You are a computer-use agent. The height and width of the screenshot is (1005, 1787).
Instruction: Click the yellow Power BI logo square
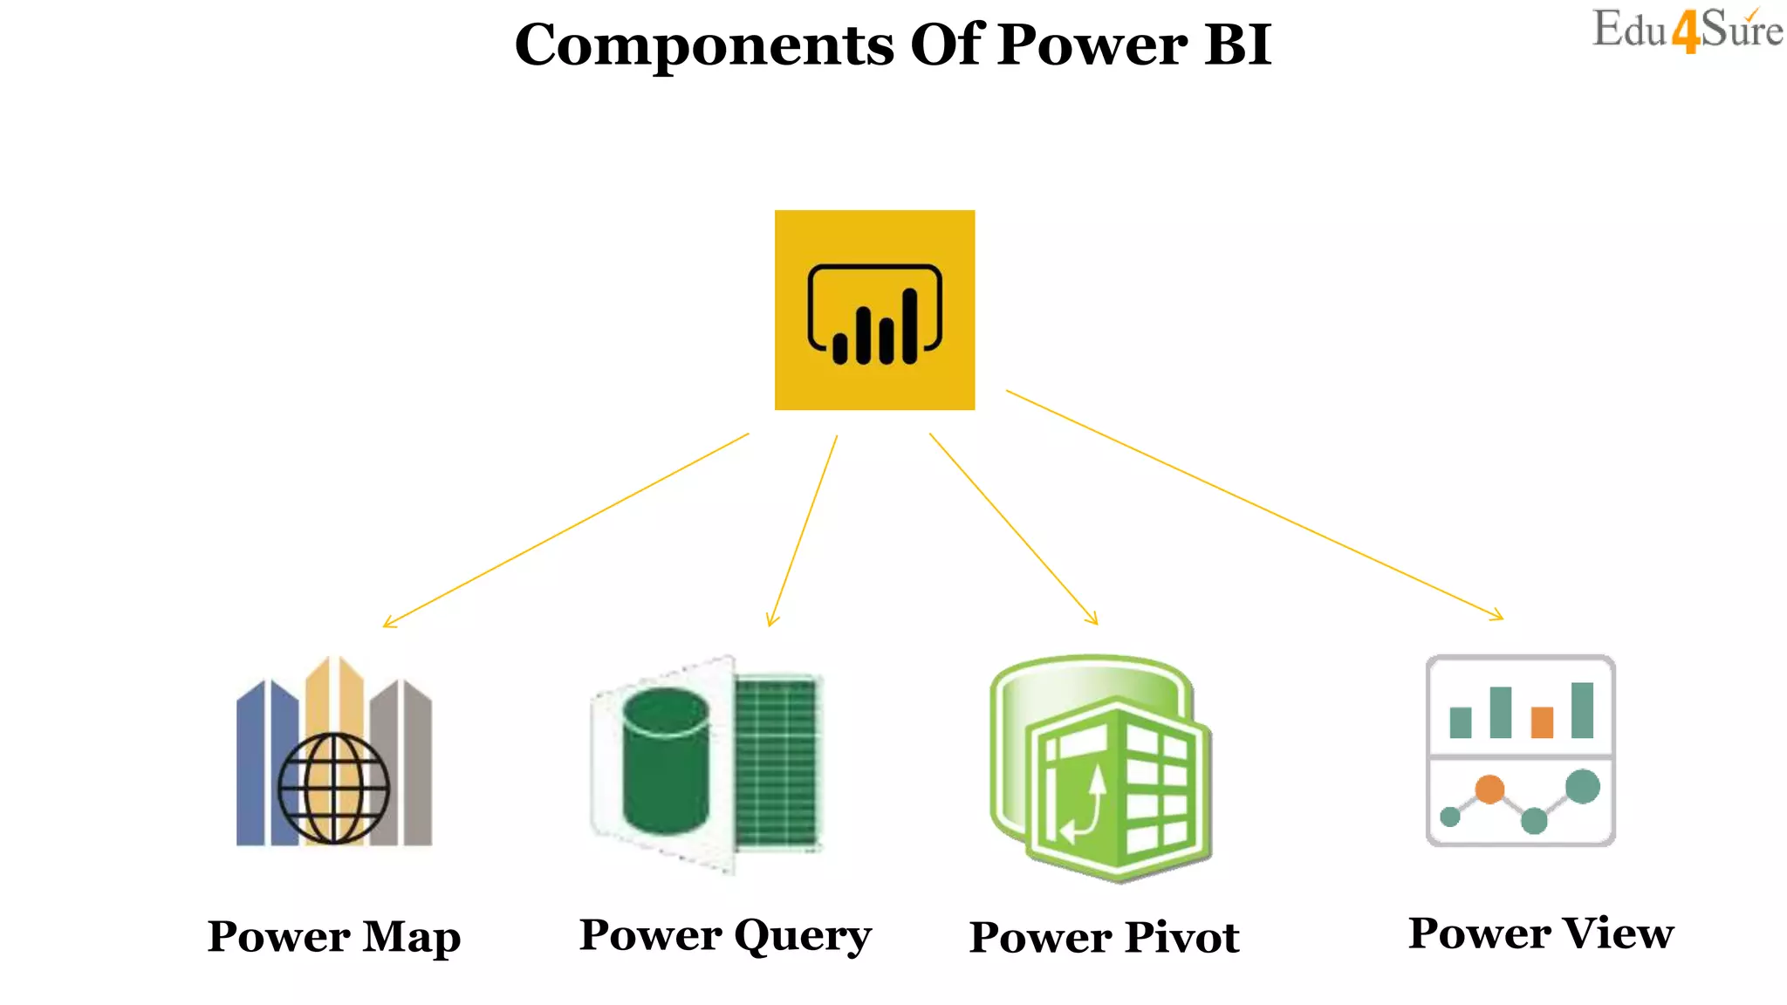[874, 310]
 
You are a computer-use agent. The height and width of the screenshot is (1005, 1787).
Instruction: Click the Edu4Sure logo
[1687, 31]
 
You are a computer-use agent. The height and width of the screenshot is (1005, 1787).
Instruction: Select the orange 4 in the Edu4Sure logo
[1686, 33]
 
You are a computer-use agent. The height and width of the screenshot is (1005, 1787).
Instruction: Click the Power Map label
[334, 937]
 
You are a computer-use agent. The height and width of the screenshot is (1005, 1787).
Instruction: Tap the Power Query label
[725, 936]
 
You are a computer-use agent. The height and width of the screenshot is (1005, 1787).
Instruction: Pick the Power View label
[1541, 933]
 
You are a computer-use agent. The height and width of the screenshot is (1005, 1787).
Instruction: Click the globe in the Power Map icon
[333, 789]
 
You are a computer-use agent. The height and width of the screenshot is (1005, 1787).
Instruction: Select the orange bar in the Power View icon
[1542, 722]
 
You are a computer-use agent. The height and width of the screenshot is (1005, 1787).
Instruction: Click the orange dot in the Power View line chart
[1489, 789]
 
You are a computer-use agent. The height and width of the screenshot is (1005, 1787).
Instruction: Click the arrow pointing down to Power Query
[803, 530]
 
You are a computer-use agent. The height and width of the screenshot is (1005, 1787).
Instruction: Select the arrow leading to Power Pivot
[1012, 529]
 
